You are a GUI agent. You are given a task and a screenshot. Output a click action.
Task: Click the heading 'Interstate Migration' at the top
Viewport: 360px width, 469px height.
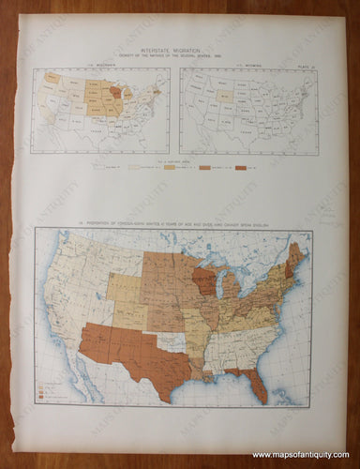(173, 54)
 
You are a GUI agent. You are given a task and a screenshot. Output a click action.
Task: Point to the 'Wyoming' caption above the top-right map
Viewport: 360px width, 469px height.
(247, 68)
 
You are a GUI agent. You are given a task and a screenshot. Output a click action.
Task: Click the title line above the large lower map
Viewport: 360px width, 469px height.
(173, 225)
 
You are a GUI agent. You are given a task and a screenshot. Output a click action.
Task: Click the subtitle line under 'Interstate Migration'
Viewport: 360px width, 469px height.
(173, 61)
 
